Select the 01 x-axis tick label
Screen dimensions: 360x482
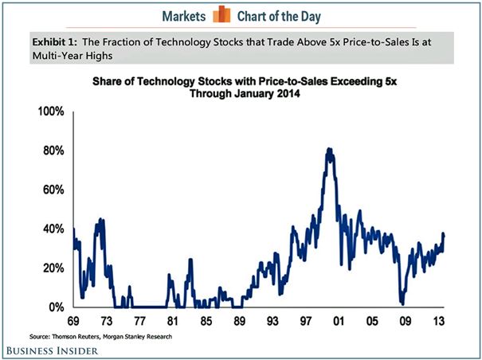point(335,322)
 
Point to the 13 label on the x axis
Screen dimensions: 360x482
point(437,322)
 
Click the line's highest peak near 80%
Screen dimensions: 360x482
point(328,149)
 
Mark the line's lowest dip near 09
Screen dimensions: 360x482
point(402,303)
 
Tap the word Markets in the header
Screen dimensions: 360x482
point(184,14)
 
